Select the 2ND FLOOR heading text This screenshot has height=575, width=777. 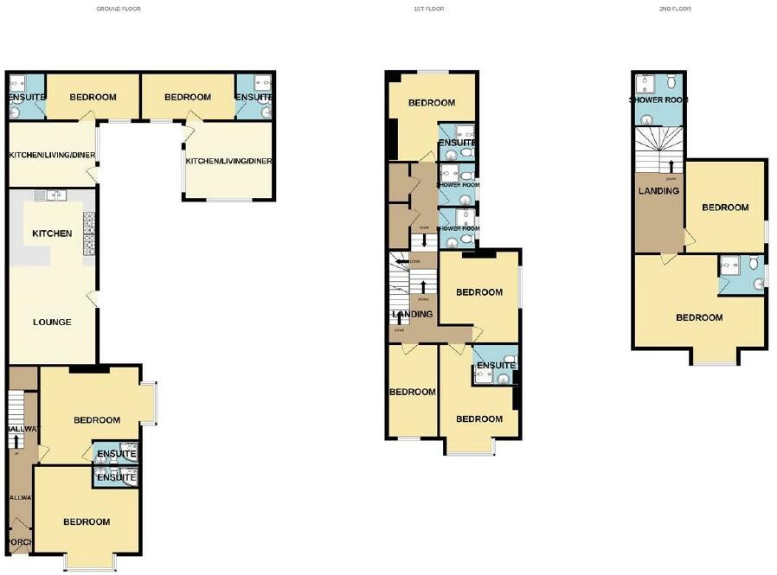coord(675,9)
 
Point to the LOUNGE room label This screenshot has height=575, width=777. coord(52,323)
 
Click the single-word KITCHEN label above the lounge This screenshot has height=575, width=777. coord(52,233)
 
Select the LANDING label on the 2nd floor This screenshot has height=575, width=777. coord(658,191)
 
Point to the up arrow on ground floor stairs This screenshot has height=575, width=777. coord(16,442)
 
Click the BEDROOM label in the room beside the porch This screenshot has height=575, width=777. coord(87,522)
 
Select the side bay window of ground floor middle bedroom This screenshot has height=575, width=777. coord(149,403)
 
